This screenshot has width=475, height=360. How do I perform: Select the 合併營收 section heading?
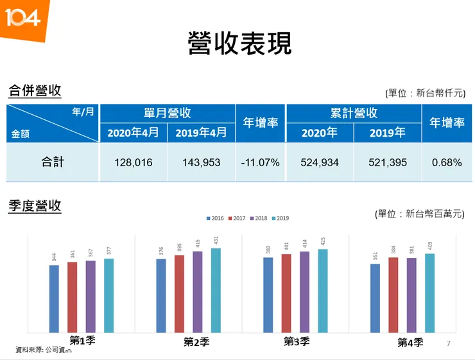coord(35,90)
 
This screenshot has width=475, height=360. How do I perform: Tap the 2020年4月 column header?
coord(133,133)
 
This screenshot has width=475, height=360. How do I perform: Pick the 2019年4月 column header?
coord(201,133)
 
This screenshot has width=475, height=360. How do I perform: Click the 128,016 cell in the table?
coord(133,162)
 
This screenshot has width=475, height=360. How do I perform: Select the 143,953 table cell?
coord(201,162)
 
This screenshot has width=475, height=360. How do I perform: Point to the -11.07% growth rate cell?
coord(260,162)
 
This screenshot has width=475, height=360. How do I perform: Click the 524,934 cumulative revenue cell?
coord(319,162)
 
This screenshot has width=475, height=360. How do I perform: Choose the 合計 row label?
coord(53,162)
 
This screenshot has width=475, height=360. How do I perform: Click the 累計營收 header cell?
coord(353,114)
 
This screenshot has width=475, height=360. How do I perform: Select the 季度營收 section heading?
coord(35,206)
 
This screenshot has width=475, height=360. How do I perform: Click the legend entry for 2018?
coord(258,219)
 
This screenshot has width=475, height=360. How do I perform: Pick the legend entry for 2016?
coord(216,219)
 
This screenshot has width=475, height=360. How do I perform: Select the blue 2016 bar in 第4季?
coord(375,298)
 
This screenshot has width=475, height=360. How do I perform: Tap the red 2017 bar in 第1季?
coord(72,297)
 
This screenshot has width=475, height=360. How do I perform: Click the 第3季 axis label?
coord(297,341)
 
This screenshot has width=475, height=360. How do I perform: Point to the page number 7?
coord(449,345)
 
